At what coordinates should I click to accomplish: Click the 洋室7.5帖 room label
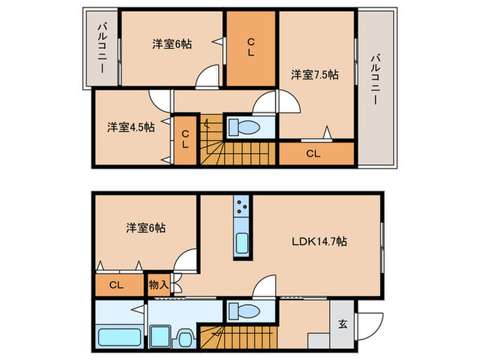point(315,75)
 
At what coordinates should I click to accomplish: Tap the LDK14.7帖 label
point(320,241)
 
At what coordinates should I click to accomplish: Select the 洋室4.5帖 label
point(131,127)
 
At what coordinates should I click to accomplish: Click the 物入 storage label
point(158,285)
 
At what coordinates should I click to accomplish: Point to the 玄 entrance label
point(343,324)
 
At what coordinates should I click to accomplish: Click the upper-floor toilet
point(244,127)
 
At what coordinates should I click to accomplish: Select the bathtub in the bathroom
point(119,337)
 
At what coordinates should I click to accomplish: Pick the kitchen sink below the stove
point(242,243)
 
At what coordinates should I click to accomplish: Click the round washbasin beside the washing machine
point(184,339)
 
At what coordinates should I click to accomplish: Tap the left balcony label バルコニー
point(102,49)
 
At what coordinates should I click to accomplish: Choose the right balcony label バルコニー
point(376,80)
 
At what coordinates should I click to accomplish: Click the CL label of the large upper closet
point(251,47)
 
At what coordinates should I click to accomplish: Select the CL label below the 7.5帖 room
point(313,154)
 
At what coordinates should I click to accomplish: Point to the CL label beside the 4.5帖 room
point(185,139)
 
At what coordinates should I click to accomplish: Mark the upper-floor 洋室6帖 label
point(172,45)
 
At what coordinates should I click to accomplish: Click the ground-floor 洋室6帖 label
point(145,228)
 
